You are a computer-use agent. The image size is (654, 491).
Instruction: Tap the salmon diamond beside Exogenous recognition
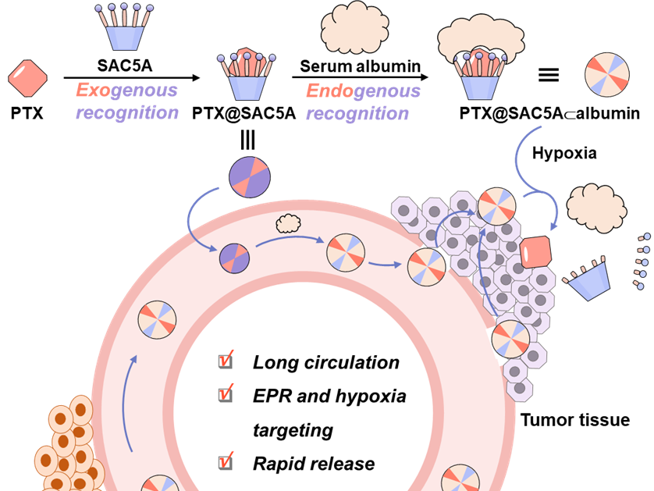(27, 77)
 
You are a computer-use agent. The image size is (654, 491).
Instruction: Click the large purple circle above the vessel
(250, 176)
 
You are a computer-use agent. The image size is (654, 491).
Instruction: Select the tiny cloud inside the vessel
(288, 224)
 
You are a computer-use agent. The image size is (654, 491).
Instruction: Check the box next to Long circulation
(226, 361)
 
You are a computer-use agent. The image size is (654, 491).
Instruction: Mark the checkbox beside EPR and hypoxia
(226, 394)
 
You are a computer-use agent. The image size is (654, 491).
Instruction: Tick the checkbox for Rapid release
(226, 462)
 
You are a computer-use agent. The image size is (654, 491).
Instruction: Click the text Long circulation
(325, 362)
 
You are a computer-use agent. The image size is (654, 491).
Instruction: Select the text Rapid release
(313, 464)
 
